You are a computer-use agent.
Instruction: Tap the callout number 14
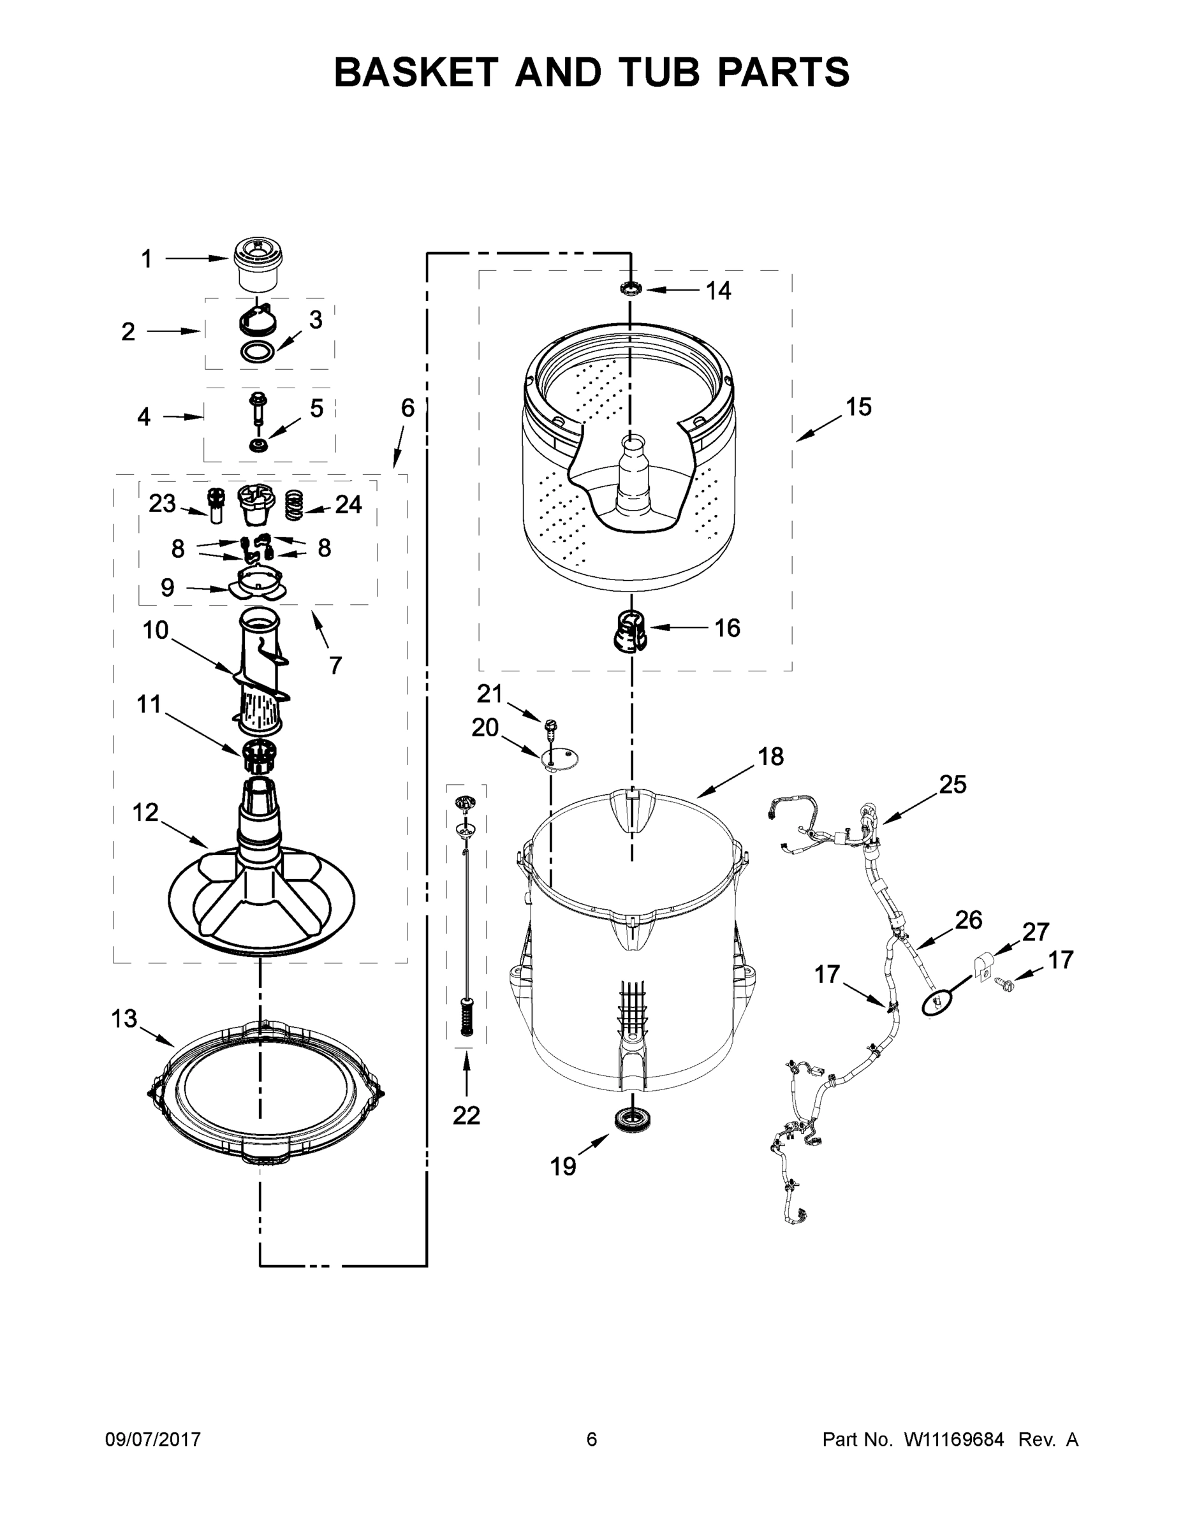[717, 290]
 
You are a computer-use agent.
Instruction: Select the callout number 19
[562, 1167]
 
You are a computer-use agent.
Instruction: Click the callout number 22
[466, 1114]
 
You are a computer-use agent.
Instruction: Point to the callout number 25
[952, 785]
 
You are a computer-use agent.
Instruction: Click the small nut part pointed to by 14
[630, 288]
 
